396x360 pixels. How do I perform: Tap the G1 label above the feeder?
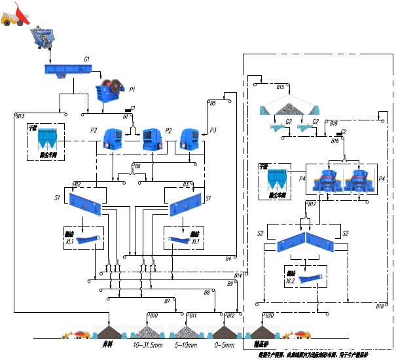pos(86,60)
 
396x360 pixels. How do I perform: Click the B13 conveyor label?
pos(20,116)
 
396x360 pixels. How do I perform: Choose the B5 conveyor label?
pos(212,103)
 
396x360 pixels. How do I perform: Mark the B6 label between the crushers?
pos(137,166)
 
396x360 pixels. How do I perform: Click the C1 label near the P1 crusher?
pos(132,108)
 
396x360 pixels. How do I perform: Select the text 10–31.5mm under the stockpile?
pos(148,344)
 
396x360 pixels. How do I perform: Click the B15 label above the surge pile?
pos(280,87)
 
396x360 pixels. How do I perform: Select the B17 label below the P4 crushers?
pos(312,204)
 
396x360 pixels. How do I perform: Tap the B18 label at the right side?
pos(380,306)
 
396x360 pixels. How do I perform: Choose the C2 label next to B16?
pos(343,132)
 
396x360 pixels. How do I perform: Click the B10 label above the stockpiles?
pos(154,315)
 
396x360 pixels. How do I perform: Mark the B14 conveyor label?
pos(238,276)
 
